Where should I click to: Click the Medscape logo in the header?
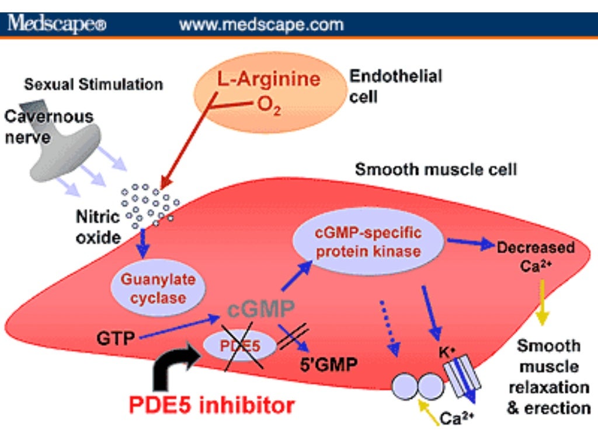[57, 24]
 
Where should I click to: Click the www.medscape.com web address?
[261, 24]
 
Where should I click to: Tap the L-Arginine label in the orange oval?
[269, 79]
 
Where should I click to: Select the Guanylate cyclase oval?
[150, 288]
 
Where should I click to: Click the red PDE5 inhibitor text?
[211, 404]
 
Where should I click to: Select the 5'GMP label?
[329, 366]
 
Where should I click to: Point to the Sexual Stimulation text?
[93, 85]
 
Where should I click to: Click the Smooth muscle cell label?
[436, 170]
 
